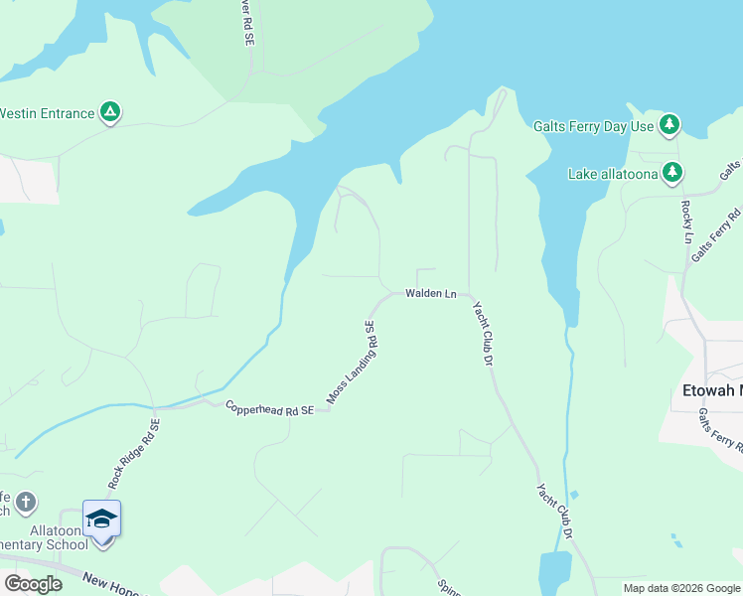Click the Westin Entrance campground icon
click(x=110, y=113)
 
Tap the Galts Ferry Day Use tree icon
click(x=670, y=125)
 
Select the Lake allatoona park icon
click(x=673, y=174)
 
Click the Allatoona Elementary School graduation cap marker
click(x=101, y=520)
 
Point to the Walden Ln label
click(x=430, y=294)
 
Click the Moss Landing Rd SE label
click(x=353, y=365)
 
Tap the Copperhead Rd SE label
click(x=269, y=407)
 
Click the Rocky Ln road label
click(x=686, y=222)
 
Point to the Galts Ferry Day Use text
click(x=593, y=126)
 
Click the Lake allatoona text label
click(x=613, y=175)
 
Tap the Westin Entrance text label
click(x=47, y=113)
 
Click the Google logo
click(x=33, y=584)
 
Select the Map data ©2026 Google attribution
click(x=680, y=588)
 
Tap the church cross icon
click(x=26, y=503)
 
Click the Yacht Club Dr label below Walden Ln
click(x=483, y=333)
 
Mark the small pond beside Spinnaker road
click(x=552, y=574)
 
